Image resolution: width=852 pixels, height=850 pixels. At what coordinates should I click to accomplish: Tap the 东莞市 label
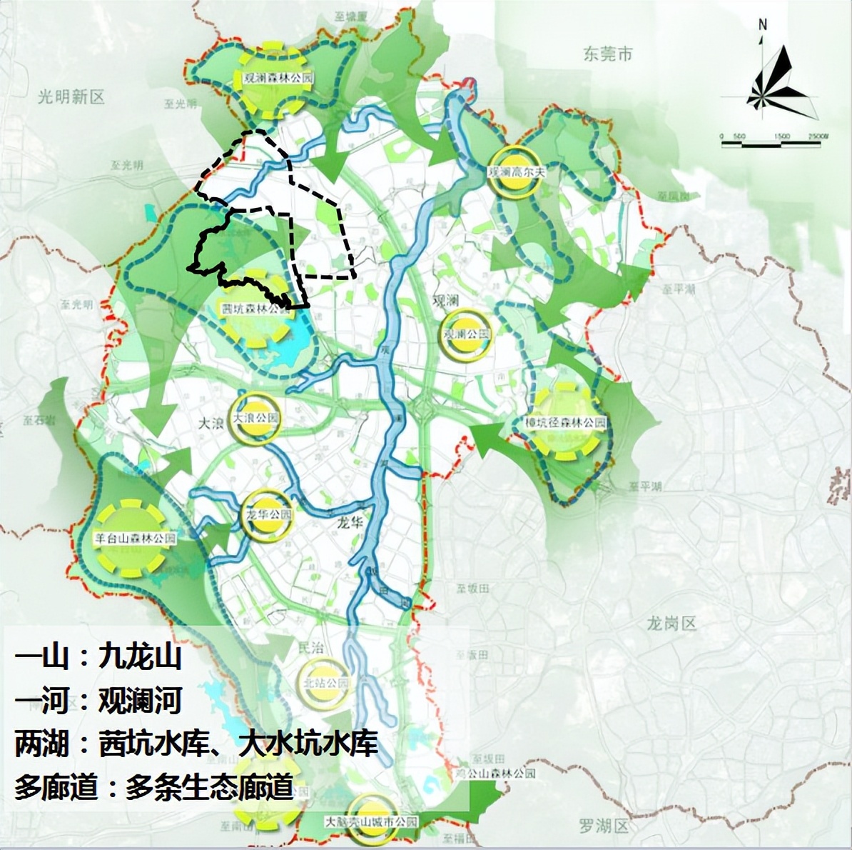[608, 54]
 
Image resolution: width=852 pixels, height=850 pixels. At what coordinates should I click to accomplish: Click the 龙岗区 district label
[671, 624]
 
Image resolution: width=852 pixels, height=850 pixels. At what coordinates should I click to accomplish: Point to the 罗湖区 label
[604, 826]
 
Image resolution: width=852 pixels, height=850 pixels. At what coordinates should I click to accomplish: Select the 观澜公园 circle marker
[466, 334]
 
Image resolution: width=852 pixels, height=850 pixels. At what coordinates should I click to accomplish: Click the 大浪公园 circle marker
[255, 418]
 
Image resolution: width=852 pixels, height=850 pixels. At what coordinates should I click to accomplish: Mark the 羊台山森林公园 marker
[134, 538]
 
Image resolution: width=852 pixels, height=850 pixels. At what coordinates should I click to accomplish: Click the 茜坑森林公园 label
[256, 310]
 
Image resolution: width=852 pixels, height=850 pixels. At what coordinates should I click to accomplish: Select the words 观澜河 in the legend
[141, 701]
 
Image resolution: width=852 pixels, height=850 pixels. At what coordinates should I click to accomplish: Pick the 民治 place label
[310, 648]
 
